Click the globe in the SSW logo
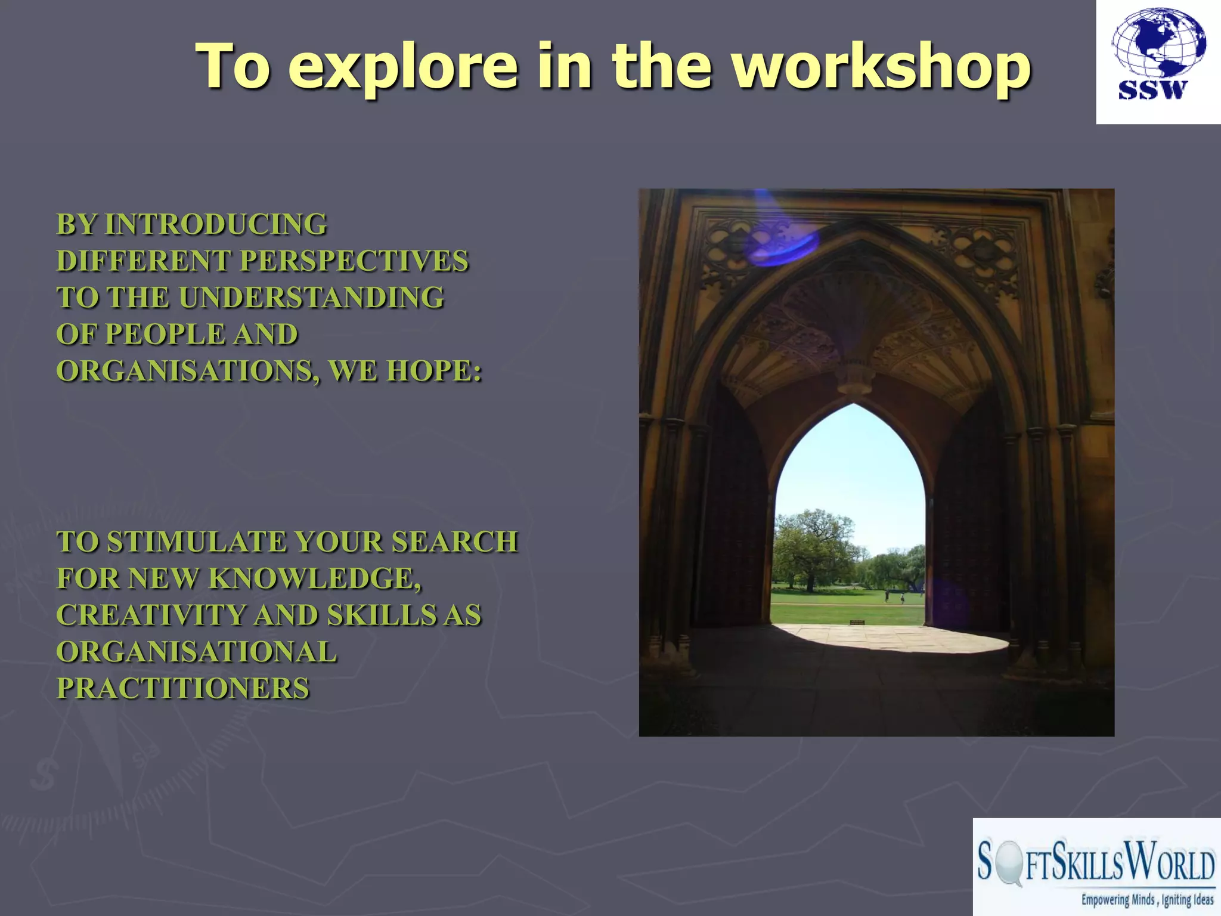click(x=1158, y=44)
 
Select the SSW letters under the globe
click(x=1153, y=90)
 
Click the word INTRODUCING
click(x=216, y=225)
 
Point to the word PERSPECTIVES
click(x=354, y=261)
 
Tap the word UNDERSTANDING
click(x=311, y=298)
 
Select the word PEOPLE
click(x=165, y=334)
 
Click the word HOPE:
click(x=434, y=371)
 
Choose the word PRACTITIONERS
click(x=183, y=688)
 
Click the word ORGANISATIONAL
click(x=196, y=652)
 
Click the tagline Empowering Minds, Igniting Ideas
click(x=1147, y=899)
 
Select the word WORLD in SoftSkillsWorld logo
click(x=1172, y=864)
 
